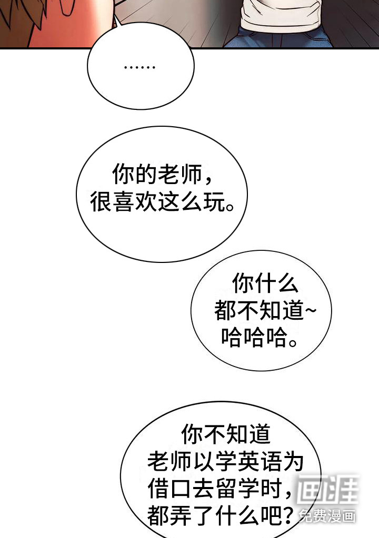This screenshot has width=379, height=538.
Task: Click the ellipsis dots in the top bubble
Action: [139, 67]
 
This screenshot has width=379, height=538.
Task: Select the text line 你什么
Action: [265, 284]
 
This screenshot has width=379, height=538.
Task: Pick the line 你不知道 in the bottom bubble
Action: [226, 435]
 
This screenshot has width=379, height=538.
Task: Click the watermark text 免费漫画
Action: [327, 516]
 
